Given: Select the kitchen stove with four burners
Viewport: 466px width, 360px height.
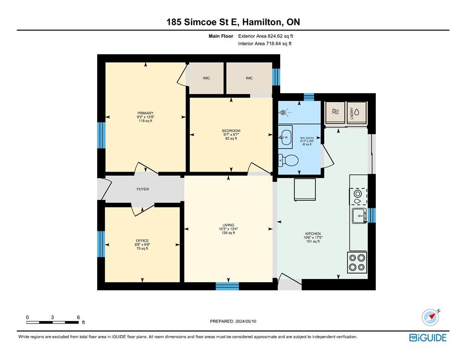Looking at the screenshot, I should pyautogui.click(x=357, y=262).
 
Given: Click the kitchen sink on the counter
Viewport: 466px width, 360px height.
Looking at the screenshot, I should pyautogui.click(x=359, y=215).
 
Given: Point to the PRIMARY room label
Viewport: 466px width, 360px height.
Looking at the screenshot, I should pyautogui.click(x=145, y=113).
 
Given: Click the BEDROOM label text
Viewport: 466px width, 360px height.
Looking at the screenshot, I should pyautogui.click(x=231, y=131).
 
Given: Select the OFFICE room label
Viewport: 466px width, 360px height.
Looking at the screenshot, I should pyautogui.click(x=142, y=241).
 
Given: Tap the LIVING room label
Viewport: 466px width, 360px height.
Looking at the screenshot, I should pyautogui.click(x=228, y=225).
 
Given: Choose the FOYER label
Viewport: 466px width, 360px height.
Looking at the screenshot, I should pyautogui.click(x=142, y=189).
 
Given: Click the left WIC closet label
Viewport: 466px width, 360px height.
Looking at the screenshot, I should pyautogui.click(x=206, y=78).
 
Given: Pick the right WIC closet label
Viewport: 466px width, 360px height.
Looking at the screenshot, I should pyautogui.click(x=249, y=78).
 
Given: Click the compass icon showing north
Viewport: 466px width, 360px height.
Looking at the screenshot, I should pyautogui.click(x=430, y=317).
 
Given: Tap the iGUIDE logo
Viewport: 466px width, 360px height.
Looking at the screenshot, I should pyautogui.click(x=428, y=338).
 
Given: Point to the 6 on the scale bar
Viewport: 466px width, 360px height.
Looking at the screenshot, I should pyautogui.click(x=79, y=317).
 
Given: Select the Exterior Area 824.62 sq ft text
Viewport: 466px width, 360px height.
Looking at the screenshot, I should pyautogui.click(x=265, y=36).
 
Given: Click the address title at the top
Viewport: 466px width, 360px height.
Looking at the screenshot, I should pyautogui.click(x=233, y=22).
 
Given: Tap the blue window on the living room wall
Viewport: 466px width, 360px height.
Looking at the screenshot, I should pyautogui.click(x=227, y=286).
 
